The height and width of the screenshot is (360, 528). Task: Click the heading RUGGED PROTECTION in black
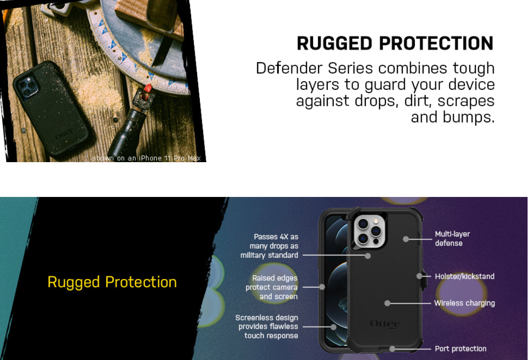[395, 44]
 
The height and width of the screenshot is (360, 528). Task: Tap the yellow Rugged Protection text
[112, 282]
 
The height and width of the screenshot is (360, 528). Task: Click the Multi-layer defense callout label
[452, 239]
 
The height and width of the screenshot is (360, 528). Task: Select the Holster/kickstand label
[465, 276]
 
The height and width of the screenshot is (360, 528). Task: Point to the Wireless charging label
[465, 303]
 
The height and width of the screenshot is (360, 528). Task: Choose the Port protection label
[461, 349]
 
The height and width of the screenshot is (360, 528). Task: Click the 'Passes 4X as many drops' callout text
[269, 246]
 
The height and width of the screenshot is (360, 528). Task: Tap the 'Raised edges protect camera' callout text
[272, 287]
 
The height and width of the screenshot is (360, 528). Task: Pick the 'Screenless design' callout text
[267, 327]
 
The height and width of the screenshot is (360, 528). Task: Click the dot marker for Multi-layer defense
[406, 239]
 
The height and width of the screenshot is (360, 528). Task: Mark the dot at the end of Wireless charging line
[387, 303]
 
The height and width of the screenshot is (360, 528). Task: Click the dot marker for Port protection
[392, 349]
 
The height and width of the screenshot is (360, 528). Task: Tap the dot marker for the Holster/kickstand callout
[419, 276]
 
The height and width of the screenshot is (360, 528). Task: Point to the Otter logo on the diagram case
[385, 324]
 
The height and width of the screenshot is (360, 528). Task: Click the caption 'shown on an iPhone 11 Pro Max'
[147, 158]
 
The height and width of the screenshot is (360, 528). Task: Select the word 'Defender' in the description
[289, 68]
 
